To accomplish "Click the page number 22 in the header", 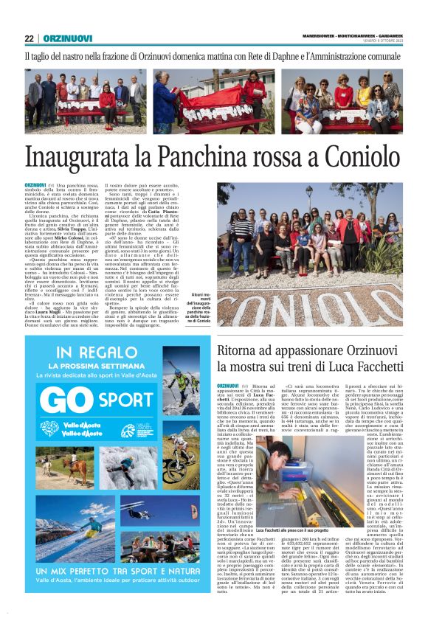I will (x=29, y=38).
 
